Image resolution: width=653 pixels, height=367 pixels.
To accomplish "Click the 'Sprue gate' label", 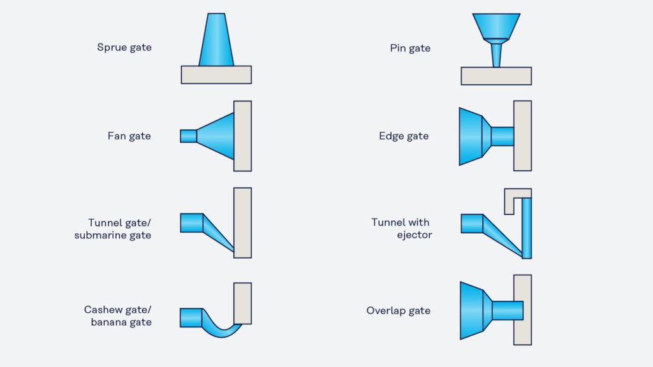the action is pos(124,47).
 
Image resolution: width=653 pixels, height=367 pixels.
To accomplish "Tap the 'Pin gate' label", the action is pos(410,48).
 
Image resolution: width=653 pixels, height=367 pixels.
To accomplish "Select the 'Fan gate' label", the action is pos(129,136).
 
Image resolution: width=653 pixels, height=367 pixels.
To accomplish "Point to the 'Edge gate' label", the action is pos(404,136).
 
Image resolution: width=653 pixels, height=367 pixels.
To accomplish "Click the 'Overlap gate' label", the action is pos(398,310).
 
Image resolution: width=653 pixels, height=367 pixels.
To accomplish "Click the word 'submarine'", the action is pos(100,235).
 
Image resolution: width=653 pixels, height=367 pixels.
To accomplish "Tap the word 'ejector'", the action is pos(415,235).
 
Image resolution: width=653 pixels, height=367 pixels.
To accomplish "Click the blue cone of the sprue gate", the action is pos(216,40).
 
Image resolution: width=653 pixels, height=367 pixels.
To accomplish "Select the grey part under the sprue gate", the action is pos(216,75).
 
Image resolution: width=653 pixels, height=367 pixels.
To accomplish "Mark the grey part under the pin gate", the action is pos(496,76).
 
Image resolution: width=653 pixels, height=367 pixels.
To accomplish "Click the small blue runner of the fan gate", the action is pos(188,136).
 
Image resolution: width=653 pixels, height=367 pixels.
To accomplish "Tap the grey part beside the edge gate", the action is pos(523,136).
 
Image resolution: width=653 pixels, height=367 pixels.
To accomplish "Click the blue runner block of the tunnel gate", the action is pos(191,223).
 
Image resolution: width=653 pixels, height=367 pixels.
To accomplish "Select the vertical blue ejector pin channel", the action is pos(527,228).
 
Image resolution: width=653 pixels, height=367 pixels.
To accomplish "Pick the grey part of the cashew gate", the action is pos(242,303).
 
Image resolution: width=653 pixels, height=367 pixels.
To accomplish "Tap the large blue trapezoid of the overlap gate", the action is pos(472,310).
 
